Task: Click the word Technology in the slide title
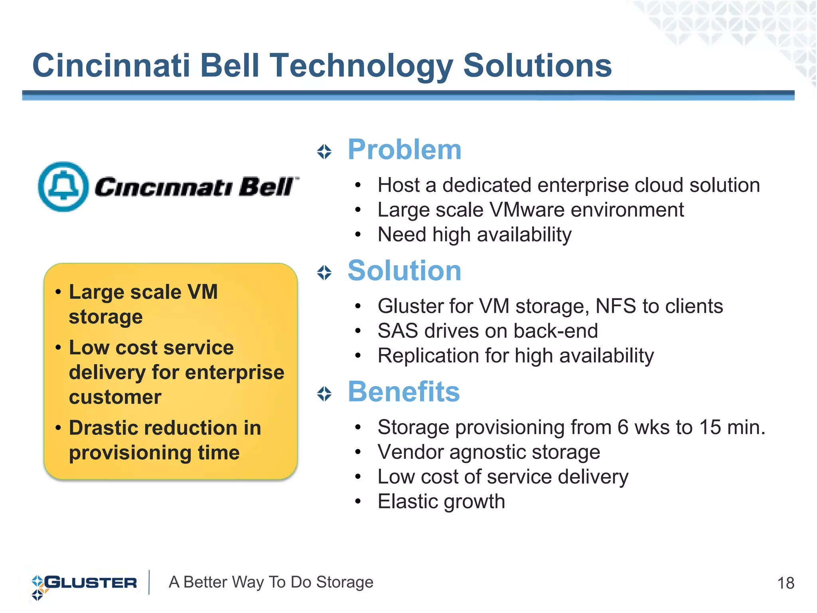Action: [361, 66]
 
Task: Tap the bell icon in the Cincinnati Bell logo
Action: [63, 187]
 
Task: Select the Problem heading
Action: [404, 150]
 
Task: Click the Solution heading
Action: [404, 271]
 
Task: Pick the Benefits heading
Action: [403, 392]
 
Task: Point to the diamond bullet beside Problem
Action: [324, 152]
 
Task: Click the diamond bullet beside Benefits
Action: [324, 394]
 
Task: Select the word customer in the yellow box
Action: [115, 397]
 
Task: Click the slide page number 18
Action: [785, 583]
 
